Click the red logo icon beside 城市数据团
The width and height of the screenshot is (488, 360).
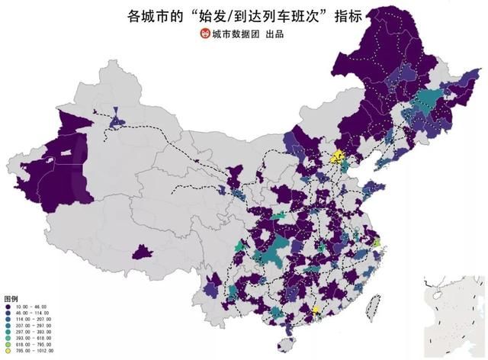204,34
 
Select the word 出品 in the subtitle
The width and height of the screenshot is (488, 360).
277,34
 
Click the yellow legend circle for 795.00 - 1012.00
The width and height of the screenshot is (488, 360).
8,352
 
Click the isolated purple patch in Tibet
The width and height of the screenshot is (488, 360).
142,252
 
